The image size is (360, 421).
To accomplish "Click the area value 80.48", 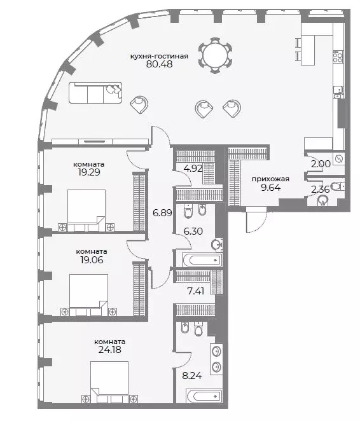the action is click(x=159, y=64).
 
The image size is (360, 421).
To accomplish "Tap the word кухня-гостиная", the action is click(x=159, y=56).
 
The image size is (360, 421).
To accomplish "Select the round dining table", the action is click(x=216, y=55).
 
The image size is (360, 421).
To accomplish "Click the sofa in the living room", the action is click(x=95, y=93).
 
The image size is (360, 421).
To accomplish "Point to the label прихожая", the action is click(x=270, y=179).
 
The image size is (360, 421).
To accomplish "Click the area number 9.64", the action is click(x=270, y=188).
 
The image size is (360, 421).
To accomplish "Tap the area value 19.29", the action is click(x=89, y=172).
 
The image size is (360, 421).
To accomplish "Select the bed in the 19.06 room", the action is click(x=88, y=295).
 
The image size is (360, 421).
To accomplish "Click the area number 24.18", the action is click(x=110, y=350).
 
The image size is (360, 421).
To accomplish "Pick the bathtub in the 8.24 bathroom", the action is click(x=204, y=396).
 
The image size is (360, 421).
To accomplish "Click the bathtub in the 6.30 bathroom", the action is click(x=202, y=260).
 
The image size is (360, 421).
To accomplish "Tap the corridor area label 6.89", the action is click(x=162, y=213).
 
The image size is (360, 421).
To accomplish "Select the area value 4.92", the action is click(x=193, y=169).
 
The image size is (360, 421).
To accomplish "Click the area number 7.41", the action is click(x=196, y=291).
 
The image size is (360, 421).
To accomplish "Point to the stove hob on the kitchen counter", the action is click(x=338, y=57).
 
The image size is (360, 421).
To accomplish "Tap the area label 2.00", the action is click(x=321, y=163).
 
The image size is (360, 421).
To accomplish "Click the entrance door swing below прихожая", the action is click(x=256, y=219).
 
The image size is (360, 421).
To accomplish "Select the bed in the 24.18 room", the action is click(x=109, y=382).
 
